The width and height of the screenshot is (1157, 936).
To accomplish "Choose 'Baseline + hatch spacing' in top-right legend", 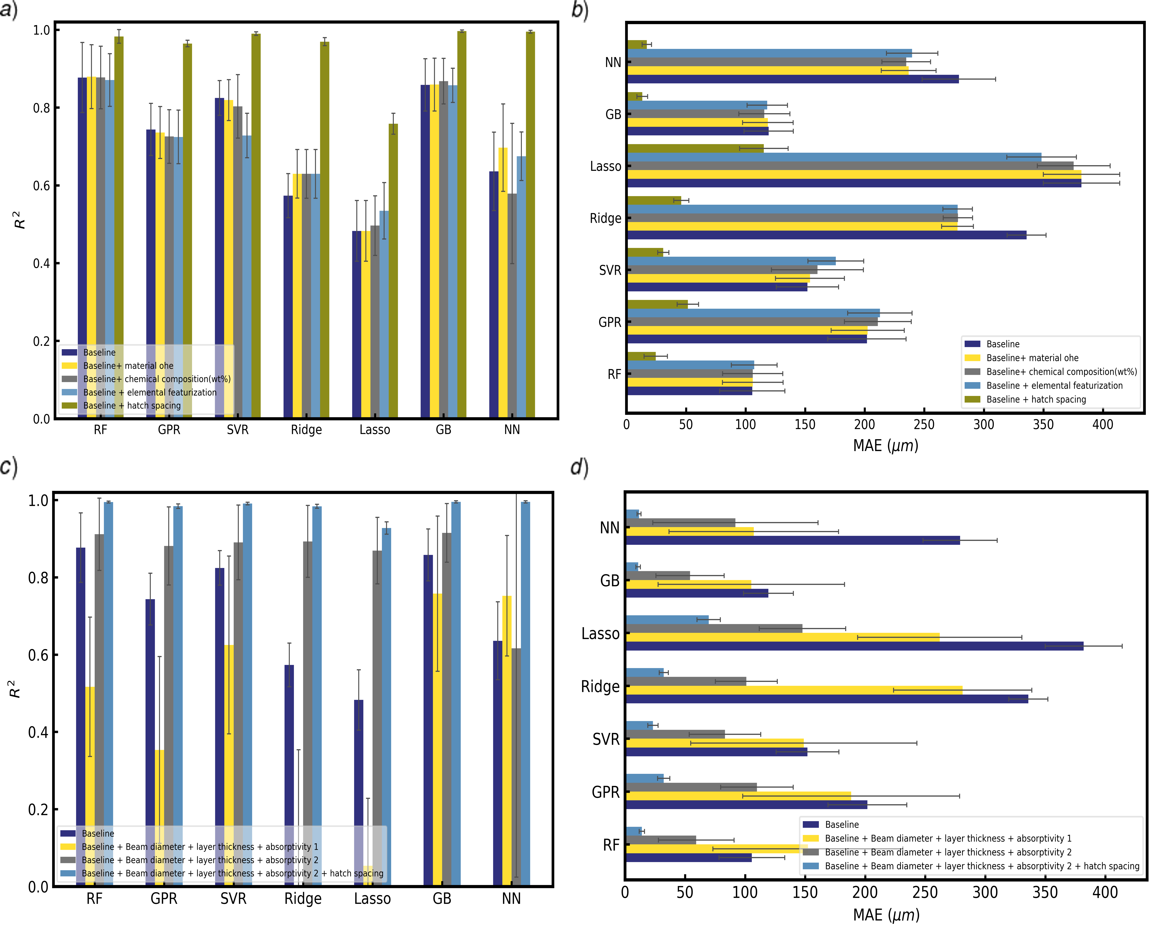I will tap(1036, 399).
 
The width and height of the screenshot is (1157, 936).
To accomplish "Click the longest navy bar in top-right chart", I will tap(854, 183).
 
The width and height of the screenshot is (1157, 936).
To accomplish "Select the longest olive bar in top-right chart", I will tap(695, 148).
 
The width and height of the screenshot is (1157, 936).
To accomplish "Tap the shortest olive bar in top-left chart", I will tap(393, 270).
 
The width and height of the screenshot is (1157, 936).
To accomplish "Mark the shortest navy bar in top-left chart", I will tap(356, 323).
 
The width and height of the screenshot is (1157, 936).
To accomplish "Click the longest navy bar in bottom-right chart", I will tap(854, 646).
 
